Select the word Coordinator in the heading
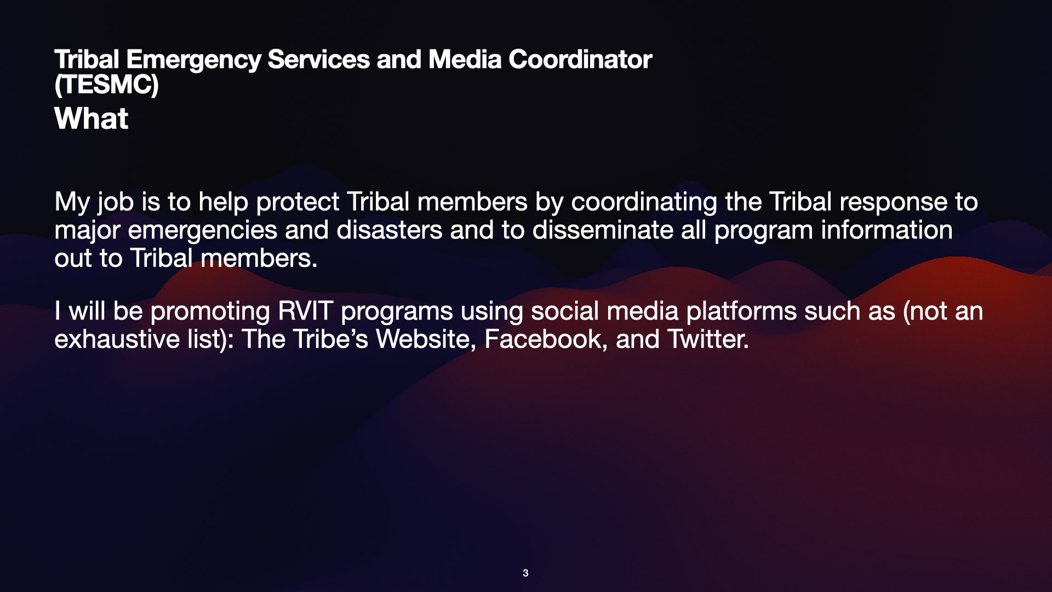[580, 59]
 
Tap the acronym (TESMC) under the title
[106, 85]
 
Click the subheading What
[91, 118]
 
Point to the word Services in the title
[318, 59]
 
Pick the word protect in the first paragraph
[298, 203]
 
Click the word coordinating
[644, 203]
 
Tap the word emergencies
[202, 231]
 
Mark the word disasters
[389, 230]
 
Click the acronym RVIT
[305, 311]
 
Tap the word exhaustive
[117, 339]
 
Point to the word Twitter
[708, 339]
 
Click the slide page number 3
[525, 573]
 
